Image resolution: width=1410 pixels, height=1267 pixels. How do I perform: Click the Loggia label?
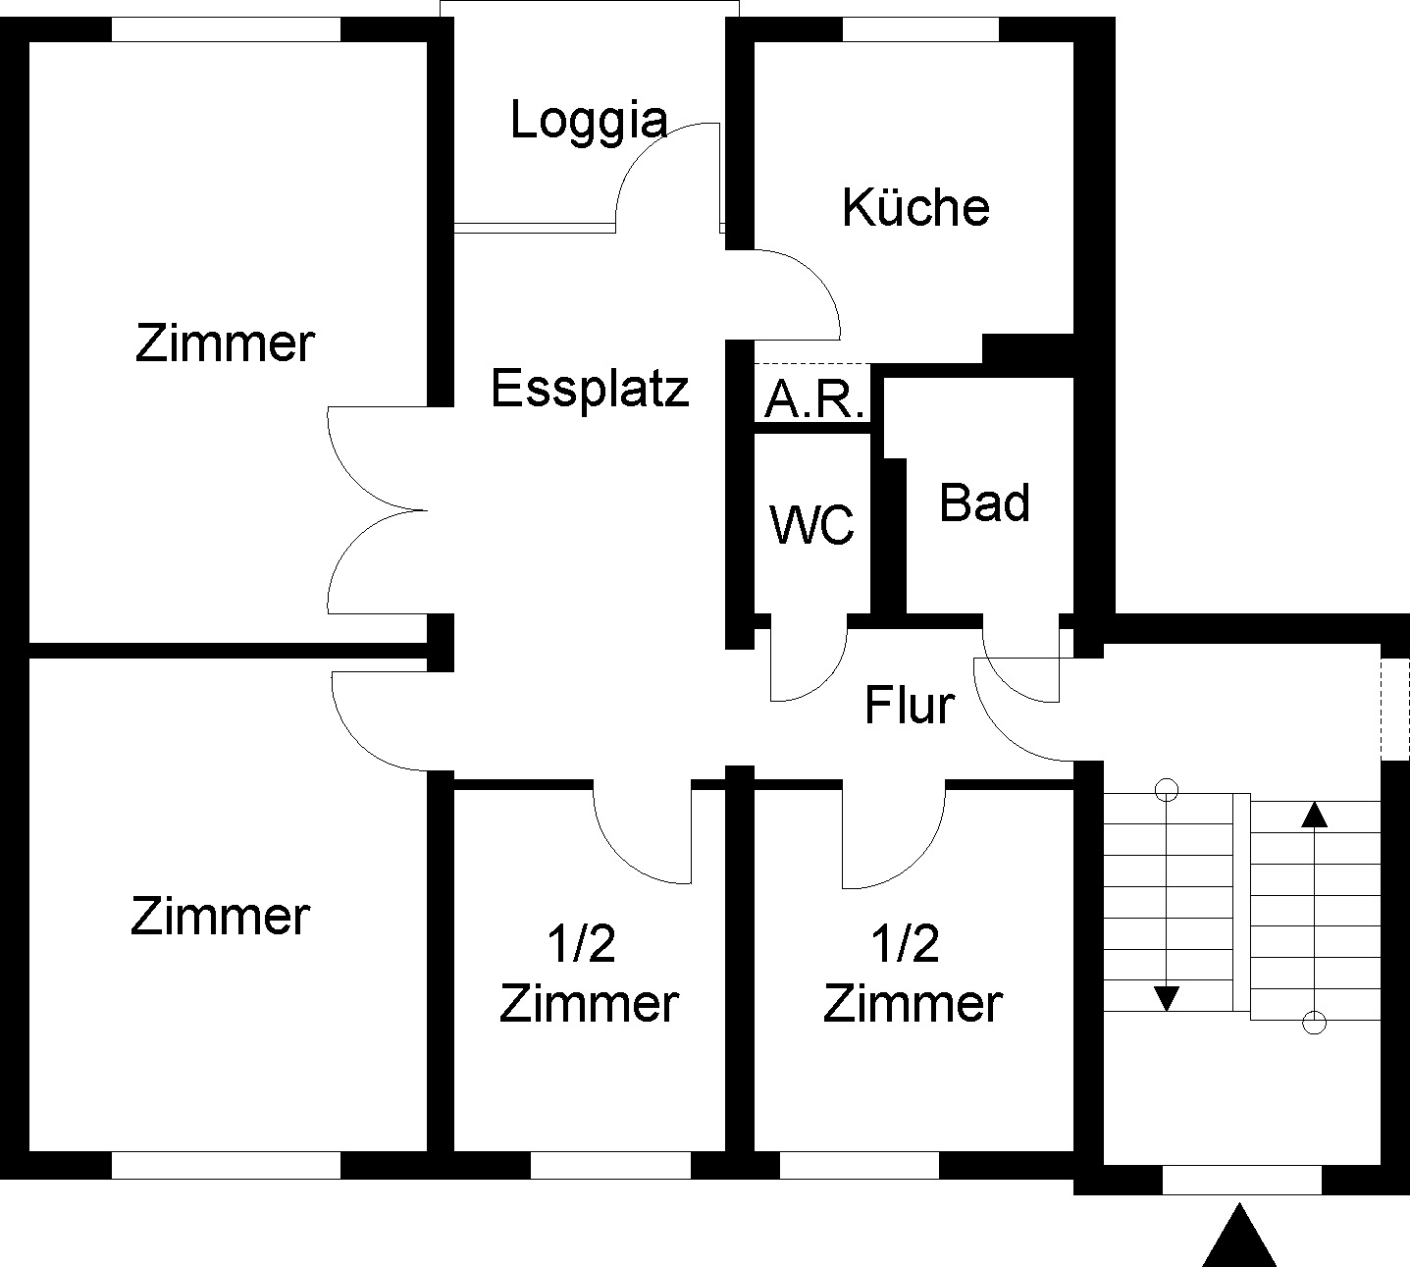tap(590, 122)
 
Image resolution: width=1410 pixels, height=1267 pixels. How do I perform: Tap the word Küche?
tap(915, 208)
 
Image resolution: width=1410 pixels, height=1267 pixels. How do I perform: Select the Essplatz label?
tap(590, 389)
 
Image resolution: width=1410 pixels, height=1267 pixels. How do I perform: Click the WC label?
tap(812, 525)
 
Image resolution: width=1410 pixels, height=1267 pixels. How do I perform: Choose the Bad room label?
tap(984, 502)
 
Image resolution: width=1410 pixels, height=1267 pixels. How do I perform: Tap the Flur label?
tap(910, 706)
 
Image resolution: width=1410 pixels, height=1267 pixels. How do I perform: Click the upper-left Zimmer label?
tap(225, 343)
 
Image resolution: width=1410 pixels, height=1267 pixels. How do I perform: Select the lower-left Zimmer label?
tap(220, 917)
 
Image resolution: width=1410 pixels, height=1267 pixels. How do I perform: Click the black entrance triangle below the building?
tap(1239, 1239)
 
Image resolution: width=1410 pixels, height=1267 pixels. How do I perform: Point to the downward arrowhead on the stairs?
tap(1166, 998)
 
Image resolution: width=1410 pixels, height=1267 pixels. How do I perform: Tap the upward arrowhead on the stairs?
tap(1314, 814)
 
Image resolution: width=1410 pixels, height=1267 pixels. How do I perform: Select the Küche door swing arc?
tap(819, 280)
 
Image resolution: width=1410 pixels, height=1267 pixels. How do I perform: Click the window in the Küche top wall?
tap(920, 29)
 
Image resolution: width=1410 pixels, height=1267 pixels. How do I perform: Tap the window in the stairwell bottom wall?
tap(1241, 1180)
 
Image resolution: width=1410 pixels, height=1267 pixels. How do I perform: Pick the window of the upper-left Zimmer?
tap(226, 29)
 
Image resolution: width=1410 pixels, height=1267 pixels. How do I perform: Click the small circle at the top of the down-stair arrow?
tap(1166, 788)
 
